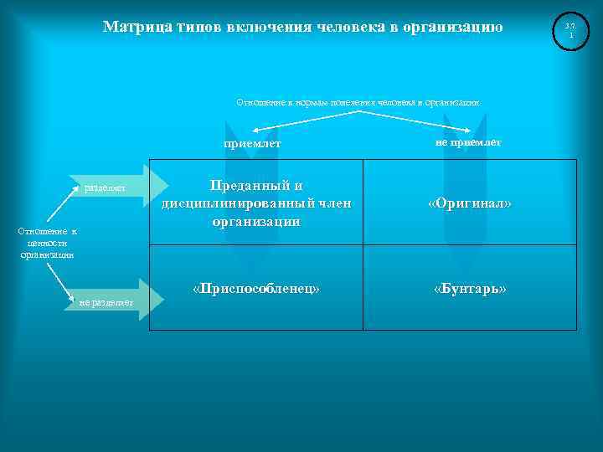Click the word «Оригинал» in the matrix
[470, 204]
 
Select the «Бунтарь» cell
[470, 289]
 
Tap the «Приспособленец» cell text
[255, 289]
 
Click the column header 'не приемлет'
[468, 143]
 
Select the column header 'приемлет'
[252, 144]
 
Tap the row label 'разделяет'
[106, 188]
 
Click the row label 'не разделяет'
[106, 302]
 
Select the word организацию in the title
[452, 27]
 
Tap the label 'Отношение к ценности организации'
[48, 243]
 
